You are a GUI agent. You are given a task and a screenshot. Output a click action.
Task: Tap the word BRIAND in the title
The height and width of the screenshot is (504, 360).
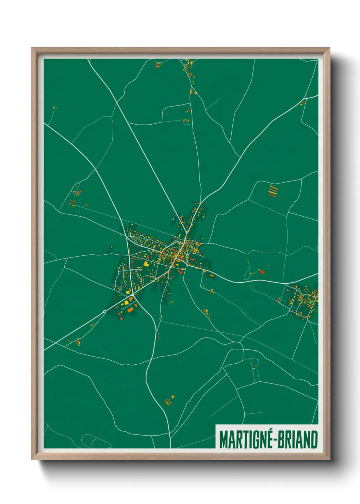tap(298, 440)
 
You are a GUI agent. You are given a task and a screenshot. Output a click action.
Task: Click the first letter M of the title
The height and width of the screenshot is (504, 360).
tap(223, 440)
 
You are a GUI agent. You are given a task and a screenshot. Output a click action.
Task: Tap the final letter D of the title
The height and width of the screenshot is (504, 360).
tap(314, 440)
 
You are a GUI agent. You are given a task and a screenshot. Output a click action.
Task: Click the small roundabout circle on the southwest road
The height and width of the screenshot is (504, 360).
tap(104, 311)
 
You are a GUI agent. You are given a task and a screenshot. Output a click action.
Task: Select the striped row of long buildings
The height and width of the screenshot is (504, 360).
tap(273, 190)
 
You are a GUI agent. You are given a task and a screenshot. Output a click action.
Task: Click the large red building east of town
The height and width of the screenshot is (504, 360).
tap(262, 271)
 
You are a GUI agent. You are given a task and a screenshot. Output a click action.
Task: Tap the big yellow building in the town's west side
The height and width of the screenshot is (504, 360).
tap(146, 263)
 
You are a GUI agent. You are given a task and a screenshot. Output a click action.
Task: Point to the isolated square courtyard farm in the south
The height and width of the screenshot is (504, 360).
tap(168, 402)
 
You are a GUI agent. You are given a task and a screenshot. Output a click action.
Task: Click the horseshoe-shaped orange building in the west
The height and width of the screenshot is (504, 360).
tap(72, 203)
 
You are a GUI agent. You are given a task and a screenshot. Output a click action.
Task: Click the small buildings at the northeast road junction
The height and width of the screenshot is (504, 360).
tap(303, 102)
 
